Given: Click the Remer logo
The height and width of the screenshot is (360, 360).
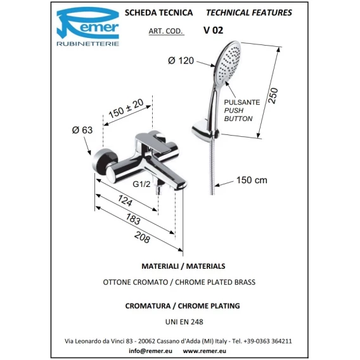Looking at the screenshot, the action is point(87,27).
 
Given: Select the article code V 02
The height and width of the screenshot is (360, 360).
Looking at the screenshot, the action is point(213,30).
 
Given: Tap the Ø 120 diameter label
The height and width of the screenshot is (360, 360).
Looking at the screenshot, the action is point(181,61).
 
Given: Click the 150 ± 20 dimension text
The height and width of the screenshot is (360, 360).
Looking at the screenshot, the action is point(126,108).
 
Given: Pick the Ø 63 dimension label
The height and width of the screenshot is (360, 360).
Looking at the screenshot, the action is point(82,130).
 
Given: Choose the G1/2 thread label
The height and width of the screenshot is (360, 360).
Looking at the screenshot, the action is point(141,184).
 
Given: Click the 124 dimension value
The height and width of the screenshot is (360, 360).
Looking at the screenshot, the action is point(125,200).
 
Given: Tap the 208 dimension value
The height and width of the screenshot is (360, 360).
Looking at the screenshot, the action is point(143,237).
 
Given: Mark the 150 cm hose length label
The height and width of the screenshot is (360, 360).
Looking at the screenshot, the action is point(252,180).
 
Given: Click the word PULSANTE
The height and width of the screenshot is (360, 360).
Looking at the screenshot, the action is point(242,102).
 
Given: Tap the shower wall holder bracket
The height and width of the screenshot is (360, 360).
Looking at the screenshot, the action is point(203,130).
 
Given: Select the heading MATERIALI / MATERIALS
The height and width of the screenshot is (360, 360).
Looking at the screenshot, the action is point(183,266).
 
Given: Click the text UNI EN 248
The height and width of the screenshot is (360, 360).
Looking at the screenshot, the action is point(184,322).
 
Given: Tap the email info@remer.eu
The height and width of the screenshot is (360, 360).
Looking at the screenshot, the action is point(151,351).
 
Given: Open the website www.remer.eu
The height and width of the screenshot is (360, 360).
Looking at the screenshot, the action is point(204,351).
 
